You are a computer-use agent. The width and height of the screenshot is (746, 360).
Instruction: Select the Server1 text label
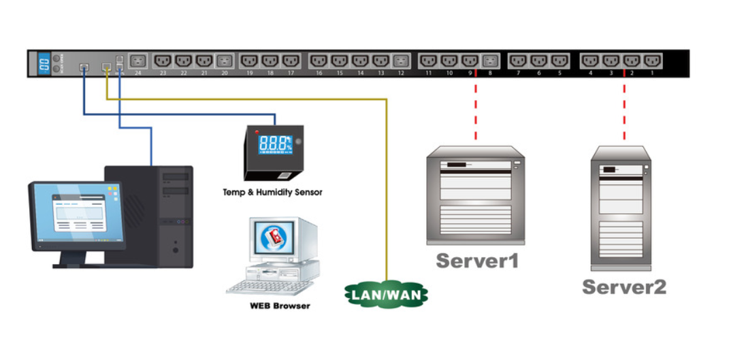coord(477,261)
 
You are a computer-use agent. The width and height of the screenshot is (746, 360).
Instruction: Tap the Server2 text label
coord(624,287)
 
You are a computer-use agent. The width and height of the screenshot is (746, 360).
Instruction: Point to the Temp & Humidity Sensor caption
coord(272,193)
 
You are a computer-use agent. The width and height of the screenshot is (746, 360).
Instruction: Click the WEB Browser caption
coord(279,306)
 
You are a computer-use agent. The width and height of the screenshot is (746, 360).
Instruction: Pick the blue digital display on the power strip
coord(43,63)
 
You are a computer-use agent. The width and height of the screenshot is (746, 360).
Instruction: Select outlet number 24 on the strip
coord(138,61)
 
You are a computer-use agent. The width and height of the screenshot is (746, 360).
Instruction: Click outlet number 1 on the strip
coord(651,61)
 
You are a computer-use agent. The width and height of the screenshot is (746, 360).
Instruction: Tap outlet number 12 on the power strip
coord(400,61)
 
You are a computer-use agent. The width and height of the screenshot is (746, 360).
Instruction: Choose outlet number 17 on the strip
coord(291,61)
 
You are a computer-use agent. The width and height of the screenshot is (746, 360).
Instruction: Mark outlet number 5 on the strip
coord(559,61)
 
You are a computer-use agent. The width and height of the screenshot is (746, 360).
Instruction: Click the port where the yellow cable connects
coord(107,67)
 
